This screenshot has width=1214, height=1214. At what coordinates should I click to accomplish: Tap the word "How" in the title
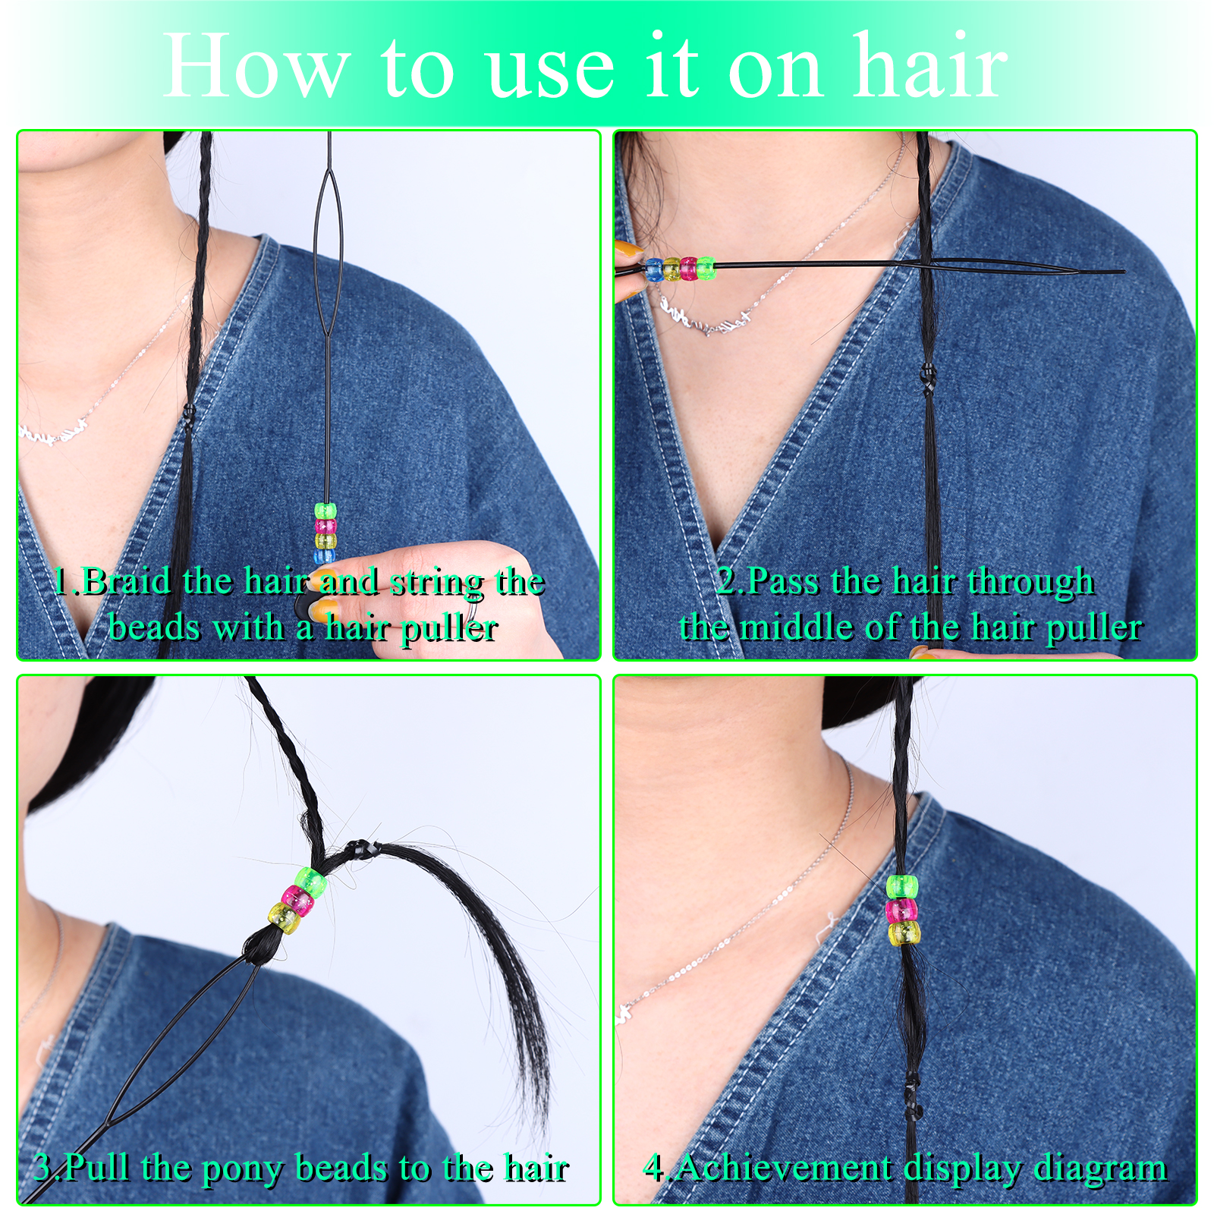[x=256, y=67]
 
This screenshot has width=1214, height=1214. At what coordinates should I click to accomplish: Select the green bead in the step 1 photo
[x=326, y=511]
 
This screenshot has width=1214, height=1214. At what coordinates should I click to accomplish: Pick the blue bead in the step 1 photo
[x=326, y=555]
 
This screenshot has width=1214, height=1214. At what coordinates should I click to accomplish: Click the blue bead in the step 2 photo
[x=654, y=269]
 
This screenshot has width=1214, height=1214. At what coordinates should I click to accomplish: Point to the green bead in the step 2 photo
[x=706, y=269]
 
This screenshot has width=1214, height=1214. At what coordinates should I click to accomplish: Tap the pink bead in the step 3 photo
[x=297, y=901]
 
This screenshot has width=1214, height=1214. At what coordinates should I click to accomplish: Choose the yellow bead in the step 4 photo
[x=904, y=933]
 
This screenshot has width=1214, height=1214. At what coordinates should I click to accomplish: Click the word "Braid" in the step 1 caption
[x=127, y=581]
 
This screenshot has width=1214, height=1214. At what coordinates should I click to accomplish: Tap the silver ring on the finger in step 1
[x=471, y=612]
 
